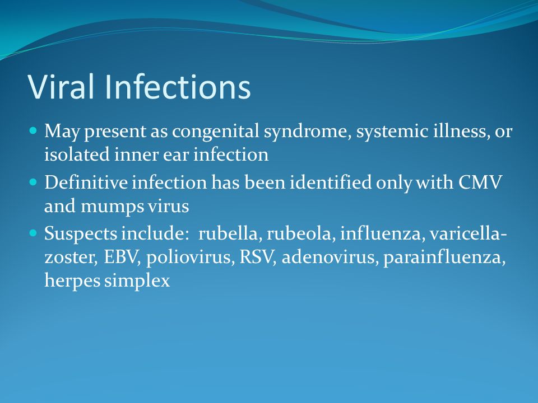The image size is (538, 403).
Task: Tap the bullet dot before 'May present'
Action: point(33,130)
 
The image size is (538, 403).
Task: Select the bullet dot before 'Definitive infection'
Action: point(33,181)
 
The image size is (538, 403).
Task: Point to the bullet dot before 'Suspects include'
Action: point(33,233)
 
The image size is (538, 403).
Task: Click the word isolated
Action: point(77,154)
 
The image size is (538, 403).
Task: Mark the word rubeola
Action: point(299,233)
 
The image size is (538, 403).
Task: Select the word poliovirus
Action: point(190,257)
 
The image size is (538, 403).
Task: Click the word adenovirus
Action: point(328,257)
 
